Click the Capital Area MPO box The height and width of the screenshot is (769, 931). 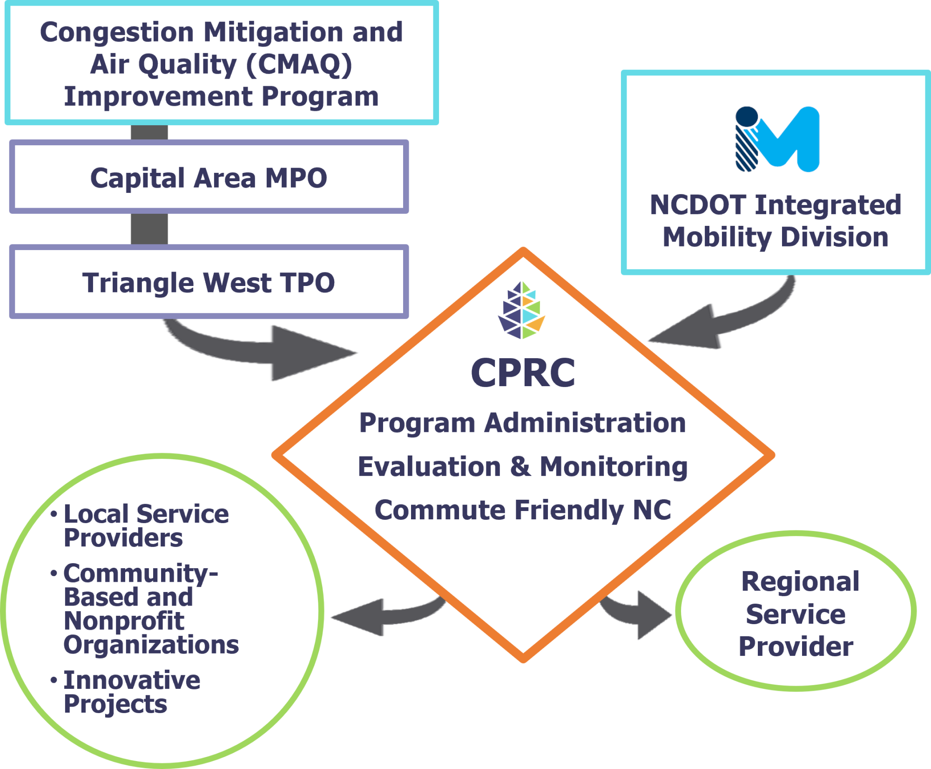coord(209,177)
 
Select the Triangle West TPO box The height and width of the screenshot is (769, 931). coord(209,282)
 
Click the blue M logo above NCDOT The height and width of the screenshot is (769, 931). coord(777,139)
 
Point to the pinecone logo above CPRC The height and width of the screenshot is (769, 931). coord(522,310)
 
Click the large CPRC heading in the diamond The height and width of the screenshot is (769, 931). coord(523,373)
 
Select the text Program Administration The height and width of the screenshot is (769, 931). coord(522,423)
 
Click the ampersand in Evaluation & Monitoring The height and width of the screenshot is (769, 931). coord(520,466)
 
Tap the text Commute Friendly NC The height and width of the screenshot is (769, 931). coord(523,510)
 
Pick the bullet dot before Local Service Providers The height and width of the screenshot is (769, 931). coord(54,514)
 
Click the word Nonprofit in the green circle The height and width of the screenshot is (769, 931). coord(124,621)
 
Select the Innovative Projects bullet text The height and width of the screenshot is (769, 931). coord(132,692)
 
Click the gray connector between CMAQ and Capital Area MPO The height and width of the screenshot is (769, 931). coord(149,132)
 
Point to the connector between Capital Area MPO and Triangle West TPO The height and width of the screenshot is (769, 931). coord(149,229)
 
